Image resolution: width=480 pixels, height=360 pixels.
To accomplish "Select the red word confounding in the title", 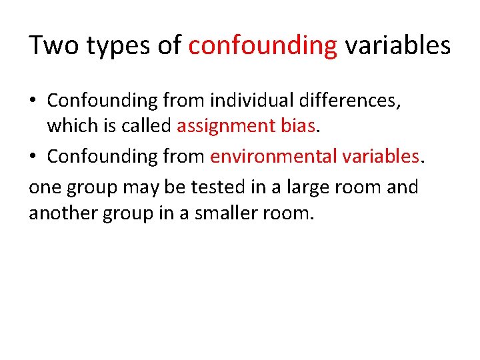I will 263,46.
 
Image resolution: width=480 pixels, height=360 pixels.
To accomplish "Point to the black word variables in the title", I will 397,46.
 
